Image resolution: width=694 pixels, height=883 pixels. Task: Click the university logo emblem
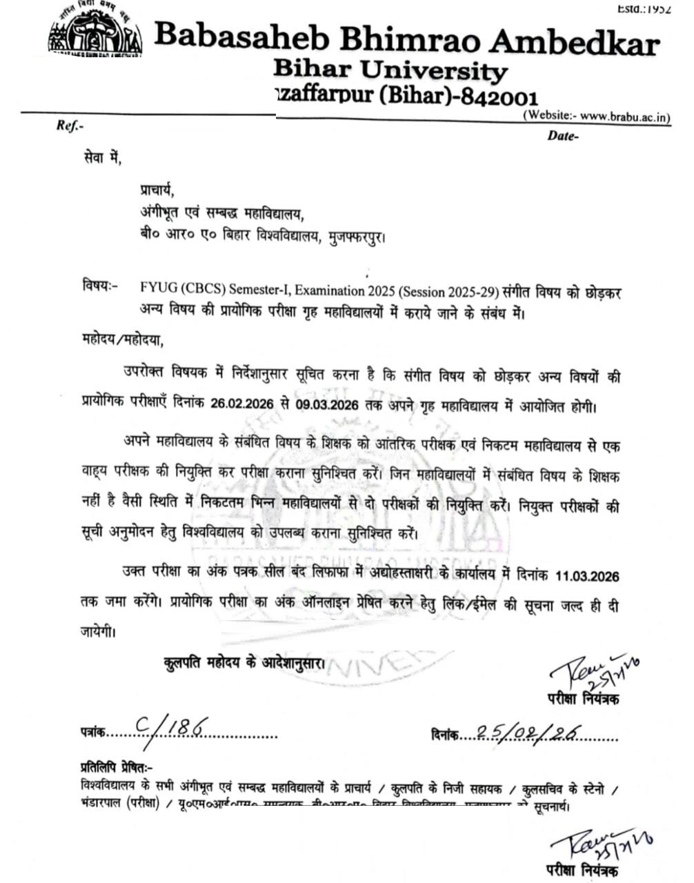[x=95, y=33]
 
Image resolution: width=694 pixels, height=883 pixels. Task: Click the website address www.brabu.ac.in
[x=626, y=117]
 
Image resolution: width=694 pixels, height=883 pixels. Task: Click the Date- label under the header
[x=563, y=136]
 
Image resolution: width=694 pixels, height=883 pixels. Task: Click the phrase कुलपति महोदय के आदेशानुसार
[x=244, y=663]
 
